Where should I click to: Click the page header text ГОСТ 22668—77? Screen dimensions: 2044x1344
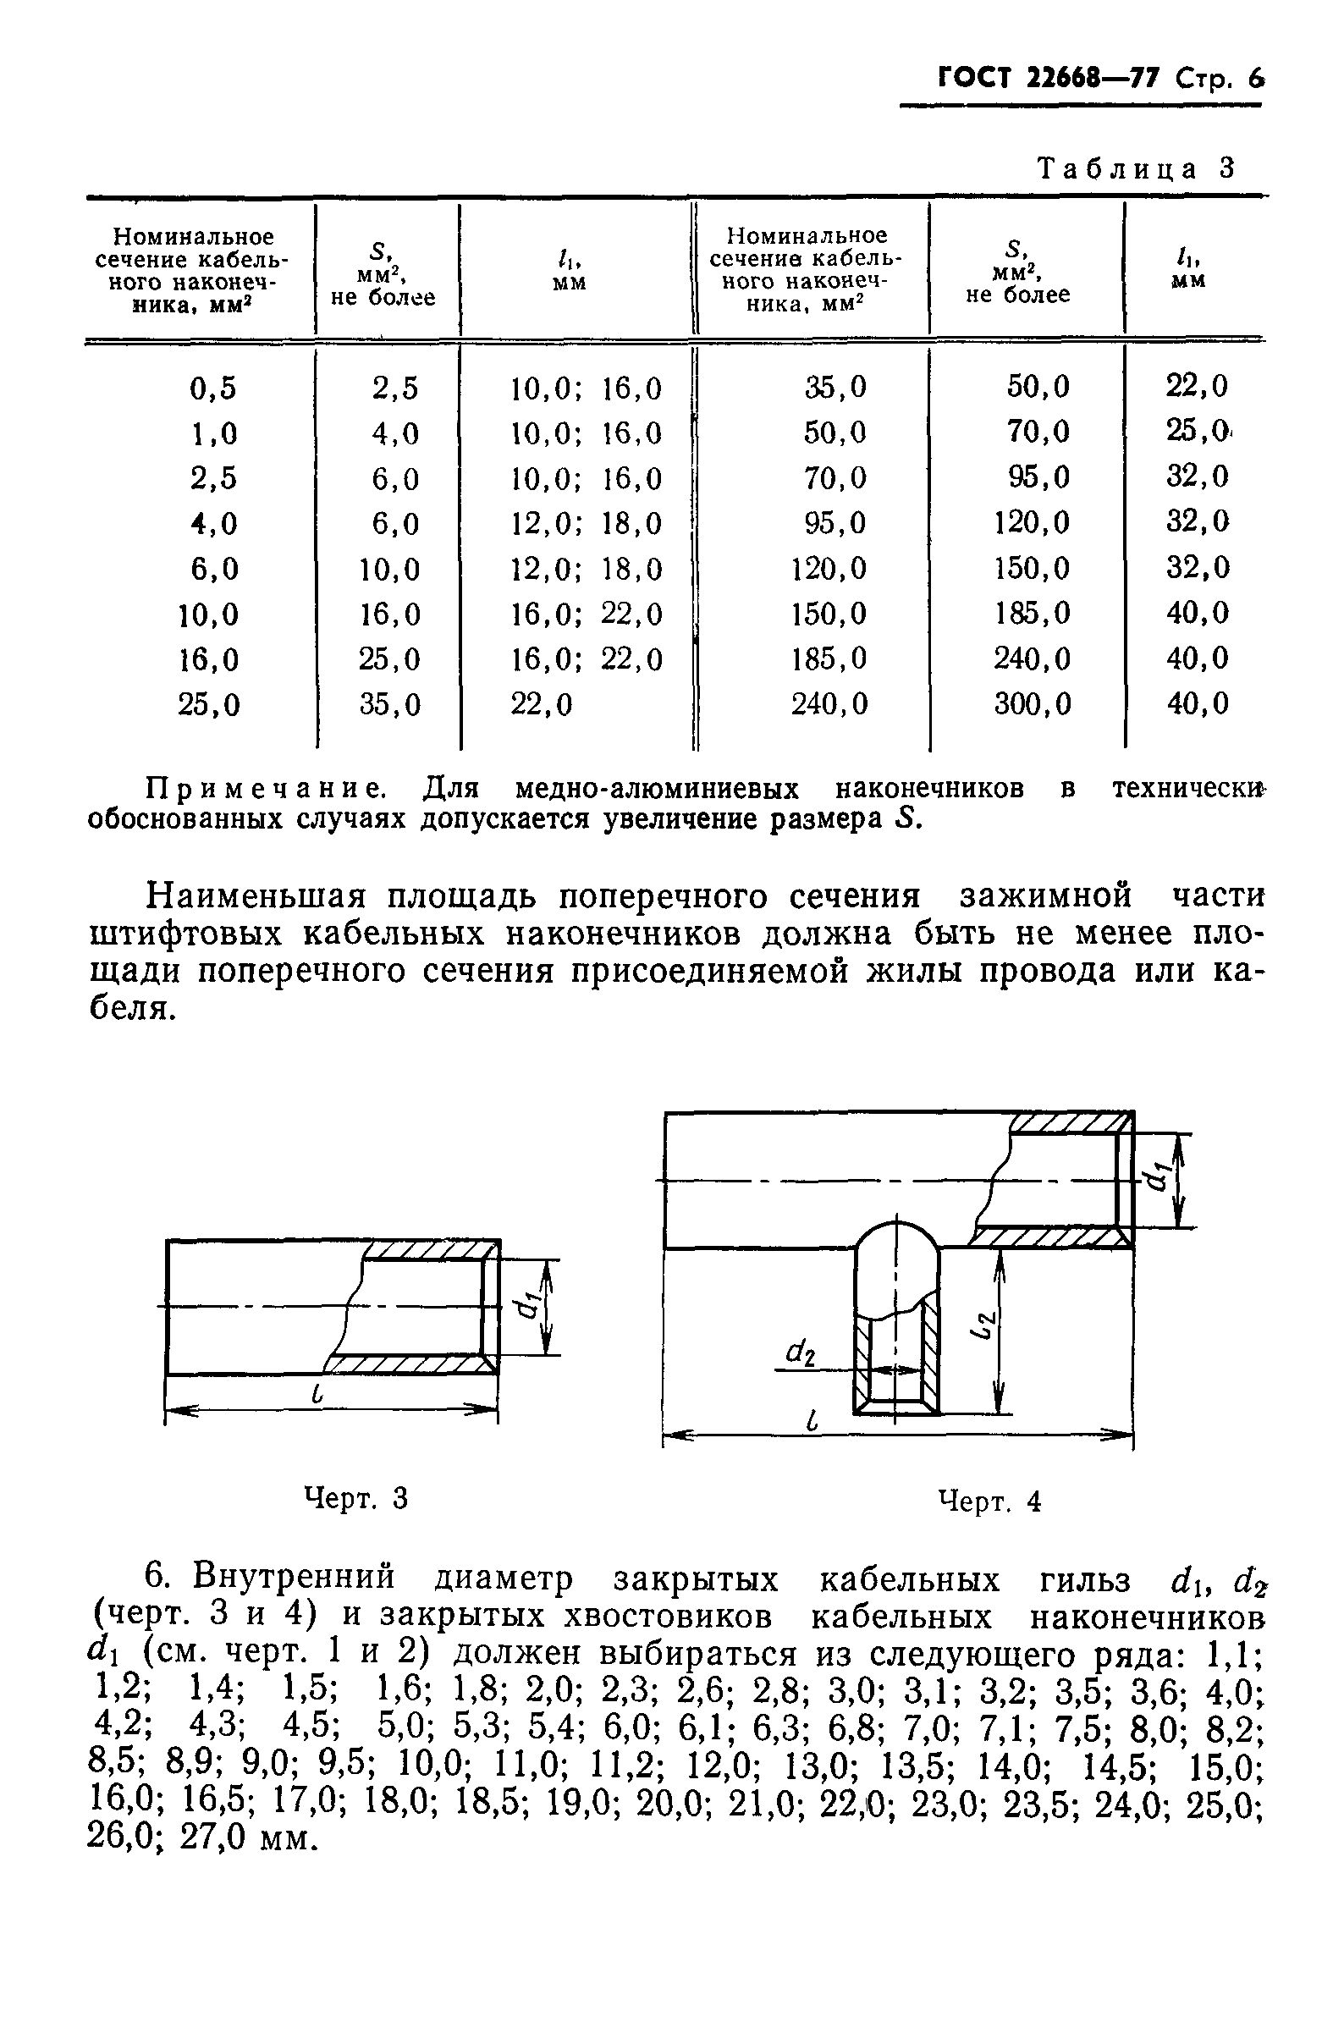point(1048,79)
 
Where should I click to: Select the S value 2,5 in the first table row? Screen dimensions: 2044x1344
point(395,389)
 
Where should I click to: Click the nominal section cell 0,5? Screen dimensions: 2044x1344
point(213,389)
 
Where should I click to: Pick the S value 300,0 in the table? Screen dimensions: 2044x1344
point(1033,705)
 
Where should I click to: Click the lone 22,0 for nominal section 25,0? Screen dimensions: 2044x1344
point(541,705)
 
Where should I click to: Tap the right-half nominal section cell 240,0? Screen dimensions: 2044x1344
point(829,705)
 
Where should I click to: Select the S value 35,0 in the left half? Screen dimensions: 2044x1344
point(390,705)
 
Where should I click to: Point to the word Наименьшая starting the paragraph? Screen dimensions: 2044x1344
point(258,896)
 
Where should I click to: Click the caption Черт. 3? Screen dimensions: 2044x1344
point(356,1499)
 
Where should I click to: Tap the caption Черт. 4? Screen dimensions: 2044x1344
point(989,1501)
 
